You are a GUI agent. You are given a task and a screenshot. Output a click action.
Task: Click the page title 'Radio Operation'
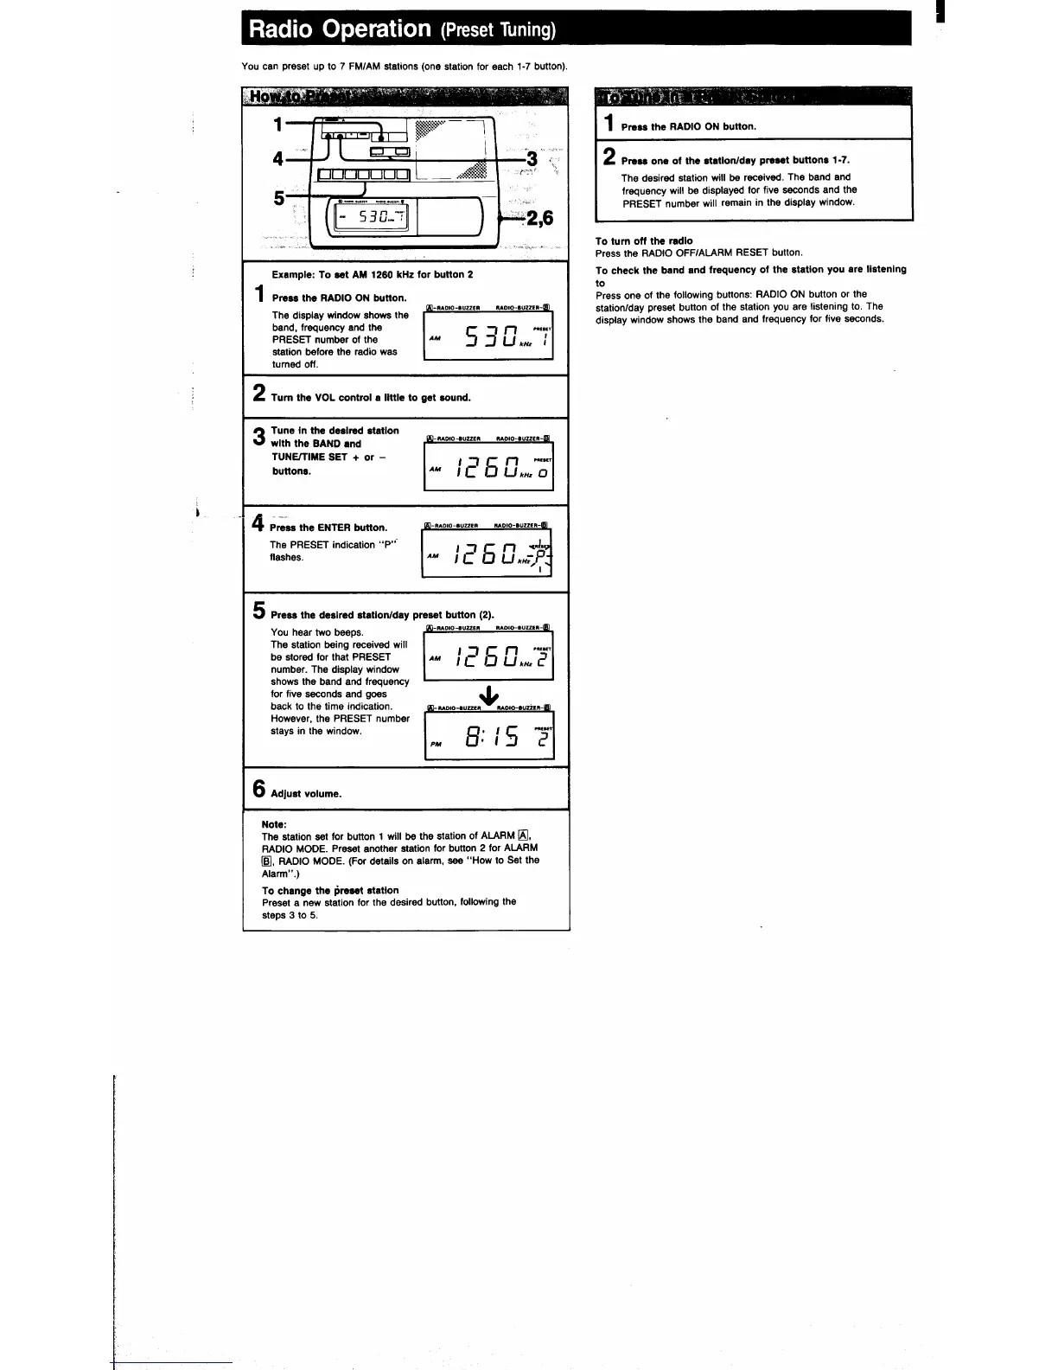(x=339, y=29)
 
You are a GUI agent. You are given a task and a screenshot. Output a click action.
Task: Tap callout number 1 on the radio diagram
(x=277, y=125)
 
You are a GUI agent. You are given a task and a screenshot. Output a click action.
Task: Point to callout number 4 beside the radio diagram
(x=277, y=158)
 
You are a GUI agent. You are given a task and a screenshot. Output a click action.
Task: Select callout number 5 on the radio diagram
(x=278, y=198)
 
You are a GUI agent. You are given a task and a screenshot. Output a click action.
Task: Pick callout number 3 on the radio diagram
(x=532, y=158)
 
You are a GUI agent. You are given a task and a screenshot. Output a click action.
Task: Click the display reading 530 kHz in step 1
(x=488, y=335)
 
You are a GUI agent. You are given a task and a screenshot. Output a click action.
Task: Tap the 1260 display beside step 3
(x=488, y=467)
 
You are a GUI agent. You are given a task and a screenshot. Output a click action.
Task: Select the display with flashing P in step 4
(x=488, y=552)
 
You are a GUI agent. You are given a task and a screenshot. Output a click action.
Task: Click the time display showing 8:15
(x=489, y=736)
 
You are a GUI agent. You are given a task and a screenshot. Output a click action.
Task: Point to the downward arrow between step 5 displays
(x=488, y=695)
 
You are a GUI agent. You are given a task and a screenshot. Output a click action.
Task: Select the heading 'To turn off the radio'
(x=644, y=240)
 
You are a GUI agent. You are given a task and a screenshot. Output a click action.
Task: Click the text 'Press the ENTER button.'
(x=328, y=528)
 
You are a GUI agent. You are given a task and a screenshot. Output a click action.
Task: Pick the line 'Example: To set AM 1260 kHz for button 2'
(x=372, y=274)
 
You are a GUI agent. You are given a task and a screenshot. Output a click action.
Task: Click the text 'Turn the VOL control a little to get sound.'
(x=371, y=398)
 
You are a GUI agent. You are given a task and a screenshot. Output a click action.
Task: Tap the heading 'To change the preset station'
(x=330, y=890)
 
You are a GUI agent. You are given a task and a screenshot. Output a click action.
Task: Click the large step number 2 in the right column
(x=609, y=157)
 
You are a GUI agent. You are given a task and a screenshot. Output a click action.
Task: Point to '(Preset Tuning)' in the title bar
(x=497, y=30)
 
